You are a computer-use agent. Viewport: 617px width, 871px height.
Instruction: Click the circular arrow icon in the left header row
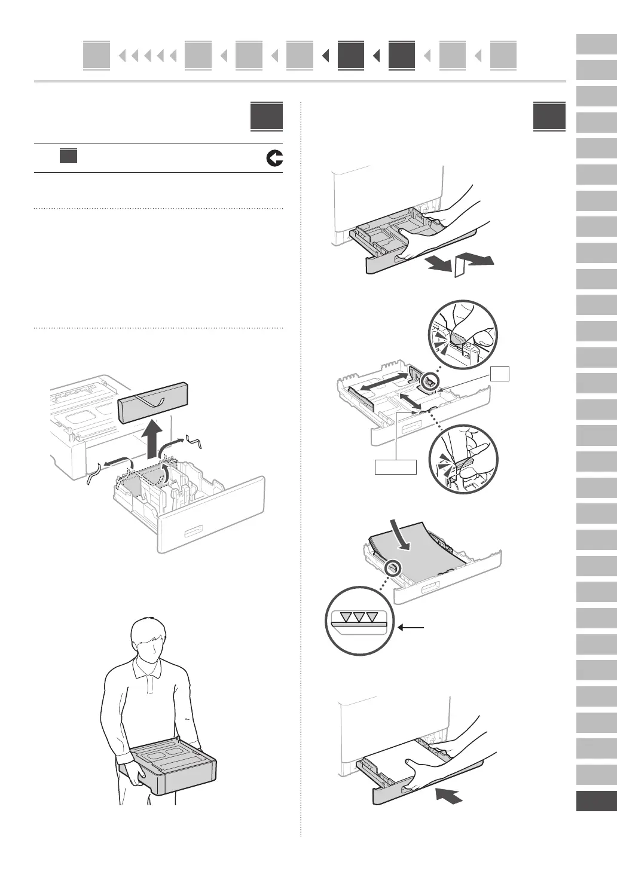pos(274,158)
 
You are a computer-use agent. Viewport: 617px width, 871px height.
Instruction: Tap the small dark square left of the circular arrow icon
pos(69,157)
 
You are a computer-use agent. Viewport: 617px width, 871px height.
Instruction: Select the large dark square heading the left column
pos(267,117)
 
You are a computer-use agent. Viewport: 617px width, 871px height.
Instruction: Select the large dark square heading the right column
pos(549,117)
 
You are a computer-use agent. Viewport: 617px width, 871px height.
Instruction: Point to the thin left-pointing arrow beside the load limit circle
pos(412,627)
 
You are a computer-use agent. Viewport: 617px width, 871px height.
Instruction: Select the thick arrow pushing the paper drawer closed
pos(450,796)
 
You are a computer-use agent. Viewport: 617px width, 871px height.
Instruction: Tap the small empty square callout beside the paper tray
pos(500,375)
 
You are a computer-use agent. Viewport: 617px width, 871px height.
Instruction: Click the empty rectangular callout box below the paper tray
pos(395,467)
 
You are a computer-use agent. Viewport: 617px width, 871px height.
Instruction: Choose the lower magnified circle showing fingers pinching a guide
pos(464,459)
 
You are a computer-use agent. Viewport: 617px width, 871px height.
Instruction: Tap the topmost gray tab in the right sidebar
pos(596,45)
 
